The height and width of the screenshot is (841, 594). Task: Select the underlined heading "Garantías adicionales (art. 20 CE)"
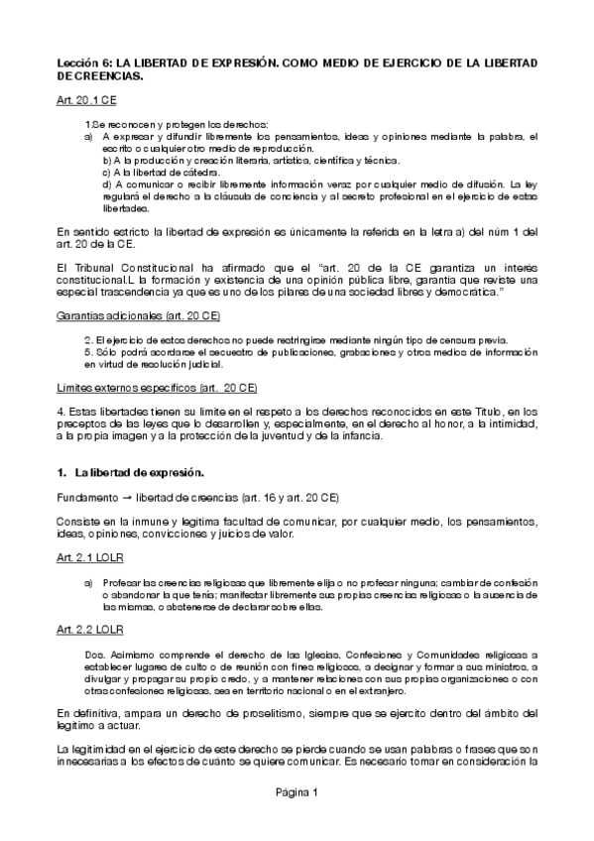(138, 315)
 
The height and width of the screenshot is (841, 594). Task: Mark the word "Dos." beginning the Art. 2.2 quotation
(93, 654)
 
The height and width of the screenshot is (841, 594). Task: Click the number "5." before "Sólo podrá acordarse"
(88, 351)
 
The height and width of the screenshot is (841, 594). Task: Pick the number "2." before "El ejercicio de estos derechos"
(88, 339)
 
